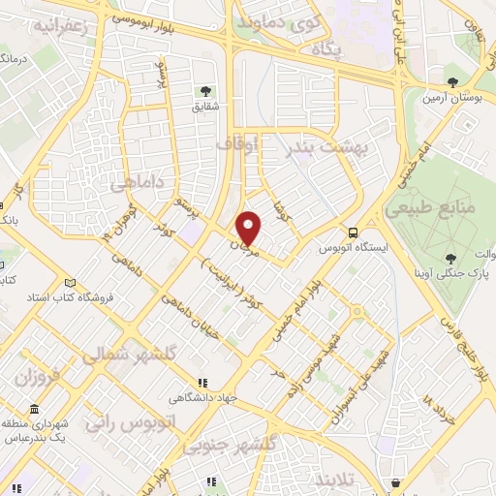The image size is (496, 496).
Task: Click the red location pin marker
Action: pos(250,228)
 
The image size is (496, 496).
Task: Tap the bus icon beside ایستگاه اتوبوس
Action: pos(353,232)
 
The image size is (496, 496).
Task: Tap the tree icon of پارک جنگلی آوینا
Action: pos(449,258)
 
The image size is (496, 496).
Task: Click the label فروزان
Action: pos(39,375)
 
